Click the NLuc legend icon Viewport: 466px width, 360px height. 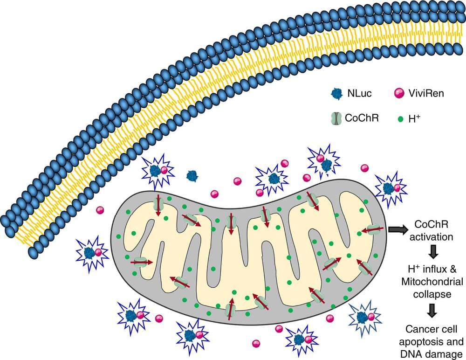pos(336,93)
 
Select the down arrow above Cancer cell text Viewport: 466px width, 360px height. pos(433,309)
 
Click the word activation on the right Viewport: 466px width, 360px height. pos(433,237)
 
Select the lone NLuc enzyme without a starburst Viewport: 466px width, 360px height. pos(192,175)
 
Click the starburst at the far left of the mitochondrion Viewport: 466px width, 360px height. pos(91,252)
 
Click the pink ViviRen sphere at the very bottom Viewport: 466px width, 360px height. pos(256,344)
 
